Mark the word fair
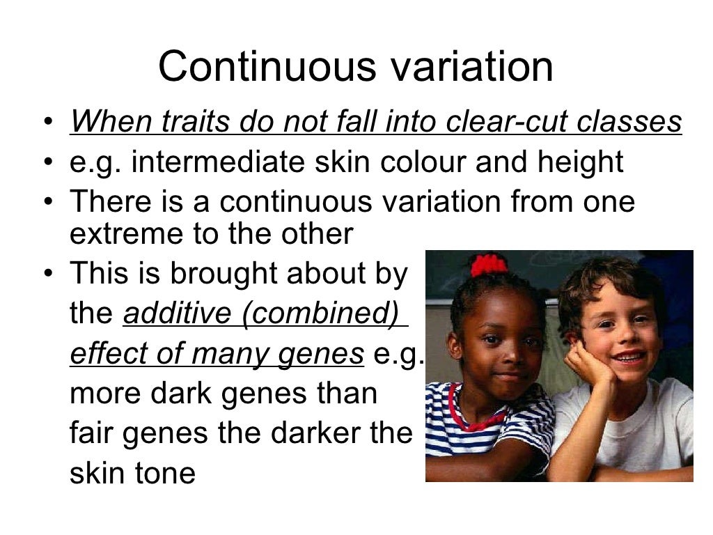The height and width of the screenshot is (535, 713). point(93,433)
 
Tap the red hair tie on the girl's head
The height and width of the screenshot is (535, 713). point(489,265)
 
